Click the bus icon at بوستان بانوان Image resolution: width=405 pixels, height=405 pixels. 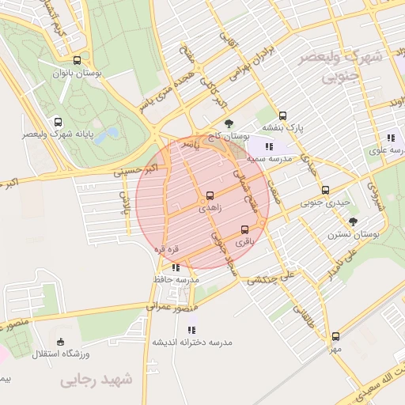pyautogui.click(x=77, y=60)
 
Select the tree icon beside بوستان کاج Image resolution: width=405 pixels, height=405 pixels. pyautogui.click(x=229, y=123)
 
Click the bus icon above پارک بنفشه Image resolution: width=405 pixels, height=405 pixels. pyautogui.click(x=282, y=115)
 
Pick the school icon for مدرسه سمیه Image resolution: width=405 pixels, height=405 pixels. pyautogui.click(x=269, y=146)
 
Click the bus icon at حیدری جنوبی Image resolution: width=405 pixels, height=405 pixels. pyautogui.click(x=325, y=190)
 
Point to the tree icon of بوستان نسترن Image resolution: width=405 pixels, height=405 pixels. pyautogui.click(x=353, y=221)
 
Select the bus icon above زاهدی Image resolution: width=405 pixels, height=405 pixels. pyautogui.click(x=210, y=195)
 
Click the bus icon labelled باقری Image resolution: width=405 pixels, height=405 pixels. pyautogui.click(x=244, y=230)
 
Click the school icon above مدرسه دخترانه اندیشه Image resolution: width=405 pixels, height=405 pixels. pyautogui.click(x=191, y=329)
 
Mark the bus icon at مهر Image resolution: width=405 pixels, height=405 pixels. pyautogui.click(x=335, y=336)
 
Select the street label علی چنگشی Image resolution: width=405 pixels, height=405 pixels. pyautogui.click(x=271, y=278)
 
